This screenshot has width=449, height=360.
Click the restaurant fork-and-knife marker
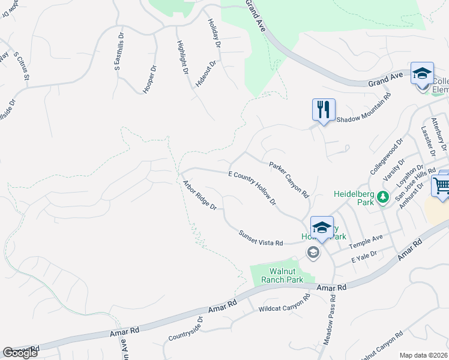point(323,110)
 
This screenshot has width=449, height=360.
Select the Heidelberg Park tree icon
point(379,201)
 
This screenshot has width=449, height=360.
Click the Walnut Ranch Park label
point(277,275)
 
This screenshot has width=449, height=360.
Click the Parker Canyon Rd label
point(289,179)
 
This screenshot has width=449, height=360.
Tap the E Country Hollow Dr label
point(252,188)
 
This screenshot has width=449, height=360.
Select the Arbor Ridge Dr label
point(199,195)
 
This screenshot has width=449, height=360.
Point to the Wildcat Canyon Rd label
point(284,304)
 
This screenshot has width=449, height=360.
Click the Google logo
point(20,353)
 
